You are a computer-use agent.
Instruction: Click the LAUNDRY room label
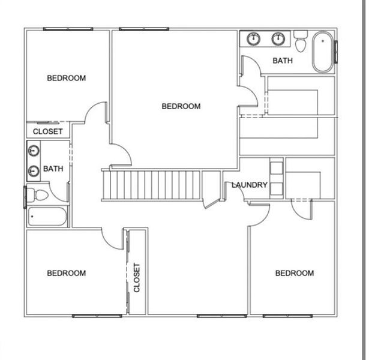point(250,185)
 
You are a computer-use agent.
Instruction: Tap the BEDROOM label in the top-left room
point(67,78)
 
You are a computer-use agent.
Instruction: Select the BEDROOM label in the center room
point(181,106)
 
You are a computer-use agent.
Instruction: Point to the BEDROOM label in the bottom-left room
point(67,273)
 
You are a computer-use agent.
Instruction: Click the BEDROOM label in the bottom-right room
point(294,273)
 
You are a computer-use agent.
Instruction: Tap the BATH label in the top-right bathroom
point(283,61)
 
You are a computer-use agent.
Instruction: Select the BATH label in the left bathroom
point(53,169)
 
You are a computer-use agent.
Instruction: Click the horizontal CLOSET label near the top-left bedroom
point(48,131)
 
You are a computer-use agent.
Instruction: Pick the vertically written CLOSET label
point(137,278)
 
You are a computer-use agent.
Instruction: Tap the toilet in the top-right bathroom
point(300,42)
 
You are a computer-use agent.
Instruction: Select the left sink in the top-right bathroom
point(254,39)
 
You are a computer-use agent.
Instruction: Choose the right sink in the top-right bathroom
point(278,39)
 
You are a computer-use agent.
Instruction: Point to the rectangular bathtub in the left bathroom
point(47,217)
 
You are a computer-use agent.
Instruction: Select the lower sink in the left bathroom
point(34,171)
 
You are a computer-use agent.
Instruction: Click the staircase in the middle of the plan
point(152,185)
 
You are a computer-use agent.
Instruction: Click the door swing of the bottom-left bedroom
point(113,238)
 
